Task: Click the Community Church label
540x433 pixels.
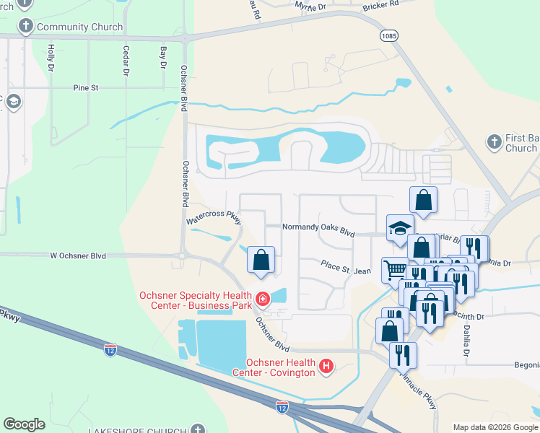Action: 79,27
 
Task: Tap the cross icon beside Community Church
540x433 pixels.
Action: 25,27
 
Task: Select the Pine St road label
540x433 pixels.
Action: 85,88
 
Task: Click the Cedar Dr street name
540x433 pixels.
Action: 126,61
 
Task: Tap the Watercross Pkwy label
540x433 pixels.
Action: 214,216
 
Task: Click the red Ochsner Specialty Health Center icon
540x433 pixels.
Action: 263,297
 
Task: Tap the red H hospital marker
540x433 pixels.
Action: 326,367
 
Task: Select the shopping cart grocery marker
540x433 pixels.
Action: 395,271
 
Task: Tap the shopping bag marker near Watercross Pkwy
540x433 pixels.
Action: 261,260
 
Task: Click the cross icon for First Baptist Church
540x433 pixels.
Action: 495,141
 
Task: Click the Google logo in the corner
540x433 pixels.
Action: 25,424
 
